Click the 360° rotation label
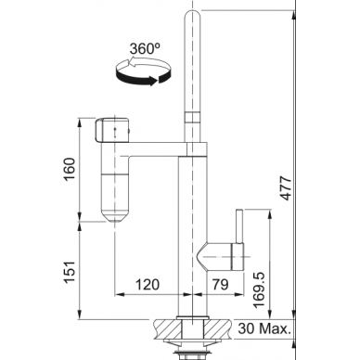145,48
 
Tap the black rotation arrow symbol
143,72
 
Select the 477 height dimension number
286,187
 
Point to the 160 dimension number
70,170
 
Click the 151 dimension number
70,272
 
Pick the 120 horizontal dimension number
147,284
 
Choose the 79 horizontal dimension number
221,284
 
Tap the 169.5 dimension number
259,290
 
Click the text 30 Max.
264,328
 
